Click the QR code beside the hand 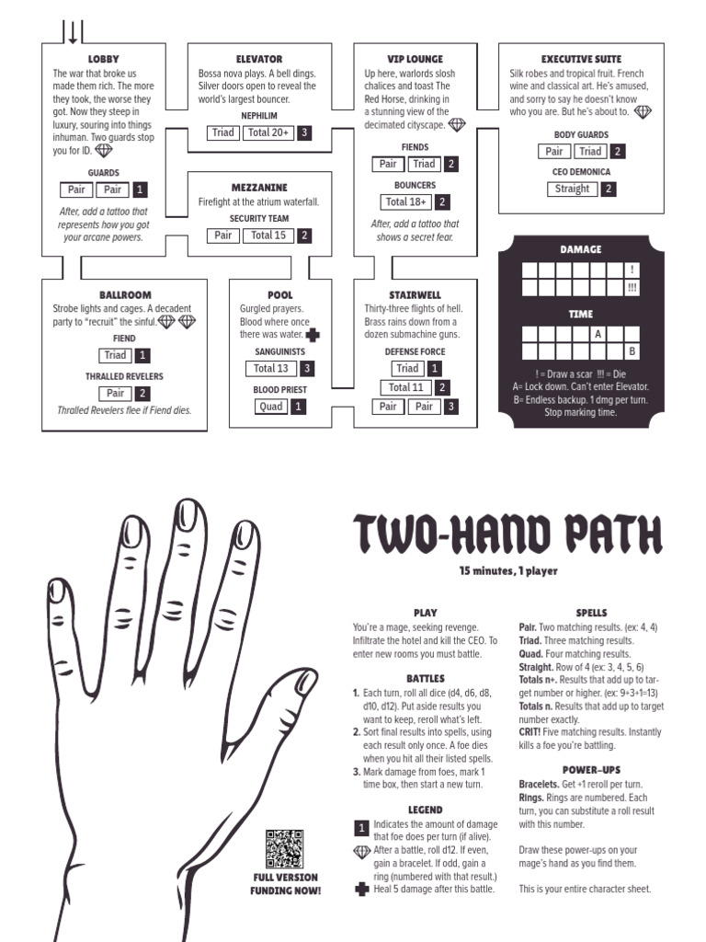(285, 848)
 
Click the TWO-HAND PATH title (507, 534)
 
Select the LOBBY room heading (103, 59)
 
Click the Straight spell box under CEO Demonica (572, 189)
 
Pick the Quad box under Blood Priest (271, 407)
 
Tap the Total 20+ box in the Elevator (268, 132)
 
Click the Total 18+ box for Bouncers (405, 201)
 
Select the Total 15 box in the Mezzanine (268, 235)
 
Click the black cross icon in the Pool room (313, 335)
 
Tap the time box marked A (598, 334)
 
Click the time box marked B (632, 350)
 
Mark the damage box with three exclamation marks (632, 288)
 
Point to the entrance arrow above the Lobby (73, 33)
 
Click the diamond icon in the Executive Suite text (643, 111)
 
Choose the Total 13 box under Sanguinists (271, 368)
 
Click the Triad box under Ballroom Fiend (115, 355)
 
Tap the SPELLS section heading (591, 613)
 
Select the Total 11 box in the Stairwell (405, 387)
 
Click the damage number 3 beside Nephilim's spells (304, 132)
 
